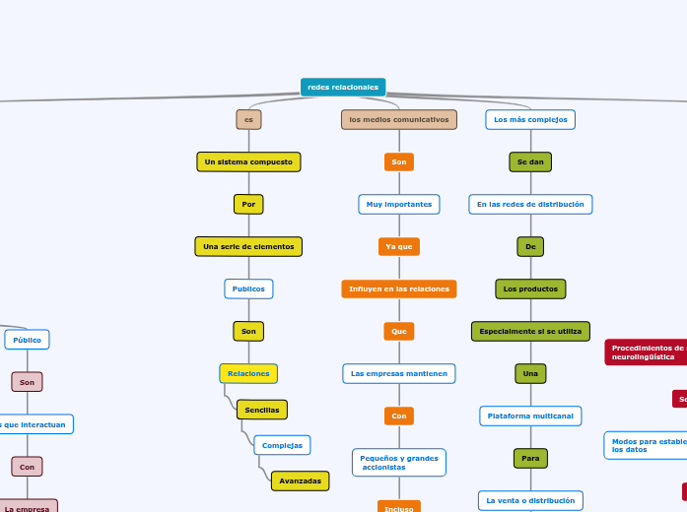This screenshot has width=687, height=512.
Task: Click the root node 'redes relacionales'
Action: coord(343,88)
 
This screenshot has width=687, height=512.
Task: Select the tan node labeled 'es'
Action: coord(248,120)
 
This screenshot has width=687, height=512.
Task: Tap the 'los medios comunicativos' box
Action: coord(398,120)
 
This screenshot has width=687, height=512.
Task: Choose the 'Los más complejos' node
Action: coord(530,120)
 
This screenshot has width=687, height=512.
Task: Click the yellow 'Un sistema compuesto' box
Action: coord(248,161)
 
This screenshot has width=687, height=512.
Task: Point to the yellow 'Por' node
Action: coord(248,204)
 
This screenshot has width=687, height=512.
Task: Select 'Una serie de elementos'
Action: coord(248,246)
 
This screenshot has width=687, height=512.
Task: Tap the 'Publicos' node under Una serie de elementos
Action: coord(248,288)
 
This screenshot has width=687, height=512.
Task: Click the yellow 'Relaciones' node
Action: coord(248,374)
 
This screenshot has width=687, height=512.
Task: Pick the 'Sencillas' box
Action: coord(262,410)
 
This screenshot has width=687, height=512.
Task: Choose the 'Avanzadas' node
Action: coord(300,480)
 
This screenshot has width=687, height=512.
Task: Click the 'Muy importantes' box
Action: coord(398,204)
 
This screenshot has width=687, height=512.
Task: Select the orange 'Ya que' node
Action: coord(398,246)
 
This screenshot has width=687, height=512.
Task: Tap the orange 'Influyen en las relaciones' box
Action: coord(398,288)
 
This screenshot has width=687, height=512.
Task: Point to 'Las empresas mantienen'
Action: coord(398,374)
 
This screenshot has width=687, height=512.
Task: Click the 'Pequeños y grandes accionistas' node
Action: coord(398,462)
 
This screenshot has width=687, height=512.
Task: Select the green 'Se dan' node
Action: coord(530,161)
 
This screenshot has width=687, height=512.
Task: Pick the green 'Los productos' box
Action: coord(530,288)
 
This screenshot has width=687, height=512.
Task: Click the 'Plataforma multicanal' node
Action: coord(530,416)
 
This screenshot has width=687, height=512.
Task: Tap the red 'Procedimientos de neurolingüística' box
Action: coord(647,352)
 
